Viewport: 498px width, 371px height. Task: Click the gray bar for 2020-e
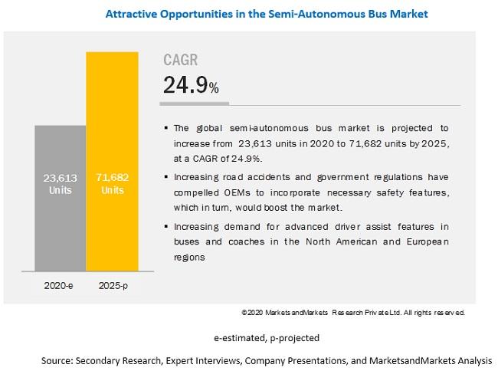(x=61, y=199)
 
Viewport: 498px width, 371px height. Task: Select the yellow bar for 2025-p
(x=112, y=162)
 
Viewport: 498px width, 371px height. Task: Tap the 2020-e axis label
(x=58, y=286)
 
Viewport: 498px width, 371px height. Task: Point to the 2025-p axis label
(x=113, y=286)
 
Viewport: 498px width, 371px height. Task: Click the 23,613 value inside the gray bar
(x=61, y=178)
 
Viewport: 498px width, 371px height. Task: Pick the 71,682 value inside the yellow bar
(x=113, y=177)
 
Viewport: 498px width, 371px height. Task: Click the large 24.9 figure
(x=185, y=85)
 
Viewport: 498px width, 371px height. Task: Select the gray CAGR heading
(x=180, y=60)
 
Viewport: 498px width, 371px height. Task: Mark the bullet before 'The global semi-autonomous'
(x=166, y=128)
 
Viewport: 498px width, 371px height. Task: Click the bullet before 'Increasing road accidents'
(x=166, y=176)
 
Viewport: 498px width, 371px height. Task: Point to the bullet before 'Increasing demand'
(x=166, y=226)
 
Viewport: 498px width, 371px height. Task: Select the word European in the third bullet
(x=428, y=242)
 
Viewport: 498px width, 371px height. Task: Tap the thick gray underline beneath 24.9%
(x=194, y=103)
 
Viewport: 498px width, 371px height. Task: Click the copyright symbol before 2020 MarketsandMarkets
(x=244, y=313)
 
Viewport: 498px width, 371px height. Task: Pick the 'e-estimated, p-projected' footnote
(x=267, y=338)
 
